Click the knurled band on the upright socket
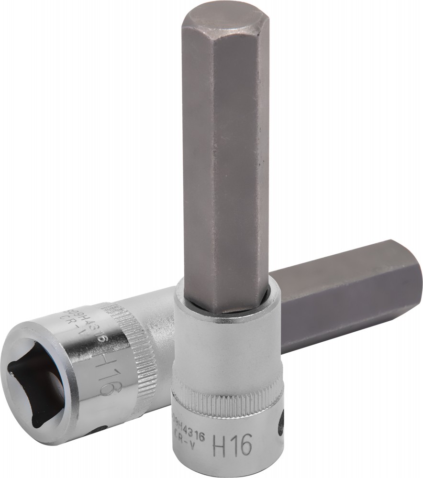tap(225, 397)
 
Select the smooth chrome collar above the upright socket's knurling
tap(225, 344)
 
